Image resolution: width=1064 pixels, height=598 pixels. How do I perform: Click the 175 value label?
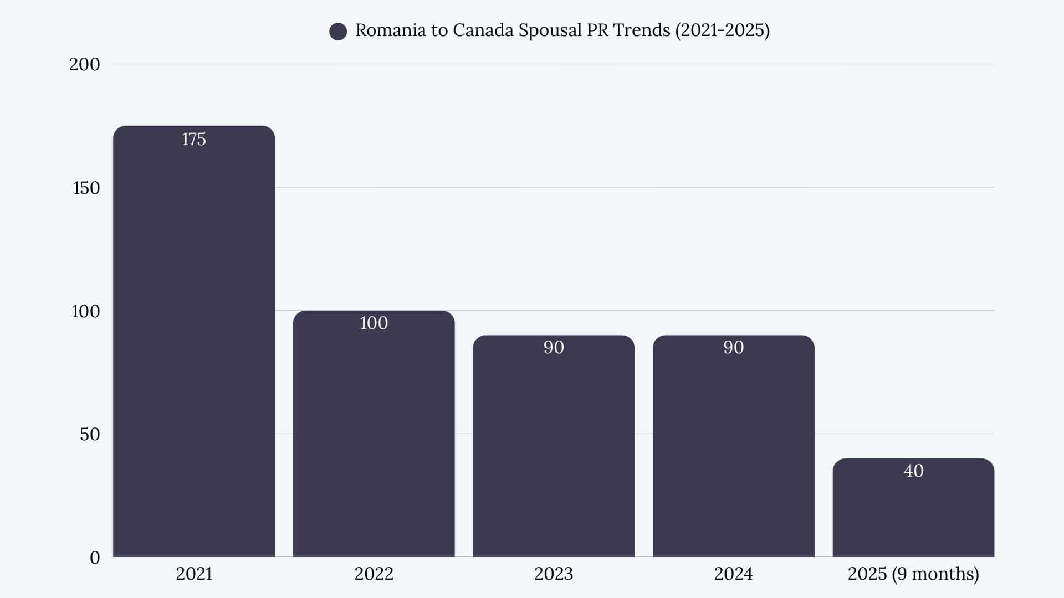click(x=194, y=139)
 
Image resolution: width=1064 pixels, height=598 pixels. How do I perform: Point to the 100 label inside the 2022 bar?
click(x=374, y=323)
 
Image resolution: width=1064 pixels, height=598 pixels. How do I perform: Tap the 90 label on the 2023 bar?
click(x=553, y=347)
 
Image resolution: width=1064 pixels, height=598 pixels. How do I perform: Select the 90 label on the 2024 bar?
click(x=733, y=347)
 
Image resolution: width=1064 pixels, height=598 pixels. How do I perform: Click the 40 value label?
click(x=913, y=471)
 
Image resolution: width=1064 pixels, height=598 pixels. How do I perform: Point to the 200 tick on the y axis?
click(x=84, y=64)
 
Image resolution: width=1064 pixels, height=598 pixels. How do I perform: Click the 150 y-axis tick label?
click(x=86, y=188)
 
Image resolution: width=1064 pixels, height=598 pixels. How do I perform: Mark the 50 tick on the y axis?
click(x=90, y=434)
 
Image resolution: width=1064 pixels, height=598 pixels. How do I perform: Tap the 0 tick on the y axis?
click(x=95, y=558)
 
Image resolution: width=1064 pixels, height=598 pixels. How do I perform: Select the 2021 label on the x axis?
click(x=194, y=574)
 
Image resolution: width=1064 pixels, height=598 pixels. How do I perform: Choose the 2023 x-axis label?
click(x=553, y=574)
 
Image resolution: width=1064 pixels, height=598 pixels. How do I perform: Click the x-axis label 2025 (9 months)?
click(x=913, y=574)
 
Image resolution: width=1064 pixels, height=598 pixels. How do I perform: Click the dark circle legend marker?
click(x=338, y=32)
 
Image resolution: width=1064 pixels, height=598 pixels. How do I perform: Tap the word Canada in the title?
click(x=483, y=30)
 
